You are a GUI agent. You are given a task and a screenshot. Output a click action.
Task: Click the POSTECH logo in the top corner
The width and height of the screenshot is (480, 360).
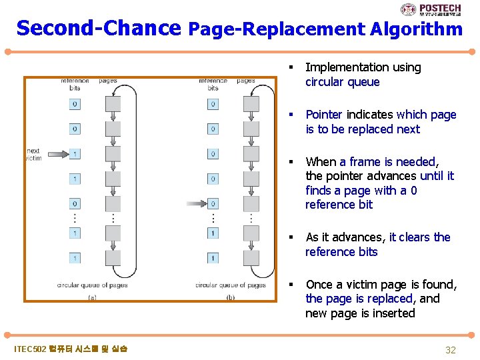431,9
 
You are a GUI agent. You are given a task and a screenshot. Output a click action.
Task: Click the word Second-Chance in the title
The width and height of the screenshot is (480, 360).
99,28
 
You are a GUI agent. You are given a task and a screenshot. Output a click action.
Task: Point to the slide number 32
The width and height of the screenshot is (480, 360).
450,350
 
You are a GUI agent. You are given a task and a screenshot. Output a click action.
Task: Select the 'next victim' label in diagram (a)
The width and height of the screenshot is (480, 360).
33,155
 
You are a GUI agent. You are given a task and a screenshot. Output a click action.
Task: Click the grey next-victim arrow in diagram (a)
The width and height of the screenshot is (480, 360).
56,154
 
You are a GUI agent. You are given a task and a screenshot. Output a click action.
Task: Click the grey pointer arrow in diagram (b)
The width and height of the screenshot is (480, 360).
195,203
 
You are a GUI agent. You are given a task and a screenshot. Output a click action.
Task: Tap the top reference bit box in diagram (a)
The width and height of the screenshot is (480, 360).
75,104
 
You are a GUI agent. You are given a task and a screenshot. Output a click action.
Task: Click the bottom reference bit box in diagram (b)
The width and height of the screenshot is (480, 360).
213,257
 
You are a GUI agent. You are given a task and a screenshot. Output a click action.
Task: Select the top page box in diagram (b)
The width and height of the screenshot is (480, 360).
251,104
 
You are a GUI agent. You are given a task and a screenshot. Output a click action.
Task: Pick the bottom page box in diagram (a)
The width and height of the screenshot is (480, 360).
113,257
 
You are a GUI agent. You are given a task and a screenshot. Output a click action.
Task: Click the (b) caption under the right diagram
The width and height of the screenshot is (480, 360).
230,298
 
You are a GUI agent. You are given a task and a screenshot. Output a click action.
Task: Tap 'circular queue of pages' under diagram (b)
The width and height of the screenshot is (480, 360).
230,285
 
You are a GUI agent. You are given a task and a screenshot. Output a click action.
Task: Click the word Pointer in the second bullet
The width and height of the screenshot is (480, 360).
323,115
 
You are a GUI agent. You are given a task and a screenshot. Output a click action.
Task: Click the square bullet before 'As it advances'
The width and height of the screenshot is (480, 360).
291,237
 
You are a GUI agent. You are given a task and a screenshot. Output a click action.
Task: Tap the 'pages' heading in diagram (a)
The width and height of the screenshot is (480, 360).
108,81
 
